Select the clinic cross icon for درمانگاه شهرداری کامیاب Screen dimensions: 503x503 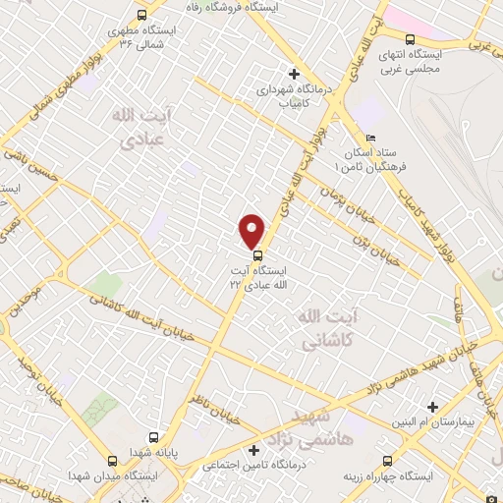[x=293, y=73]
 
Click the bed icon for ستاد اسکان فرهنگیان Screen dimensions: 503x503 [x=369, y=138]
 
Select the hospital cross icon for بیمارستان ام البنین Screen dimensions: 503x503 [x=432, y=407]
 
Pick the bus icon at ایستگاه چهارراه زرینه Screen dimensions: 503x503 [x=387, y=461]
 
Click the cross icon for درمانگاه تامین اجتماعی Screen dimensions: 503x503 [x=253, y=450]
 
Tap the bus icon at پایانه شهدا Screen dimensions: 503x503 [x=153, y=437]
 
